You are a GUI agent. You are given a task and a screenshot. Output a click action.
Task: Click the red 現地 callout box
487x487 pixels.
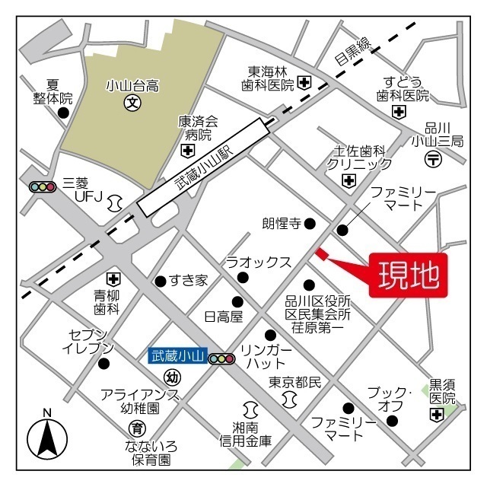(408, 276)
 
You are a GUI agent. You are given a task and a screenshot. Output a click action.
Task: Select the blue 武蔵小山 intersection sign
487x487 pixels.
(177, 355)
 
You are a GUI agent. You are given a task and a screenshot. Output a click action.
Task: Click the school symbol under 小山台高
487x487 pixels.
(132, 101)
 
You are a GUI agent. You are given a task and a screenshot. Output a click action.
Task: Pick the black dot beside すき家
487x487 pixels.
(161, 281)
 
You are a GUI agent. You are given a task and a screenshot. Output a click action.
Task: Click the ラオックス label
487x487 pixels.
(257, 263)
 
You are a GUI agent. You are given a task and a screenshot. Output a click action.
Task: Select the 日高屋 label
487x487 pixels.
(223, 316)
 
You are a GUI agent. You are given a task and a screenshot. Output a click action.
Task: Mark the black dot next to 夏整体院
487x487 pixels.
(63, 113)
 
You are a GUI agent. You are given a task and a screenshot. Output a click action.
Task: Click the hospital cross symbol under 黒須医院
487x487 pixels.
(436, 415)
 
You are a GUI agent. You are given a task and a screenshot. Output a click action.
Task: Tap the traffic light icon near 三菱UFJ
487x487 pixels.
(43, 186)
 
